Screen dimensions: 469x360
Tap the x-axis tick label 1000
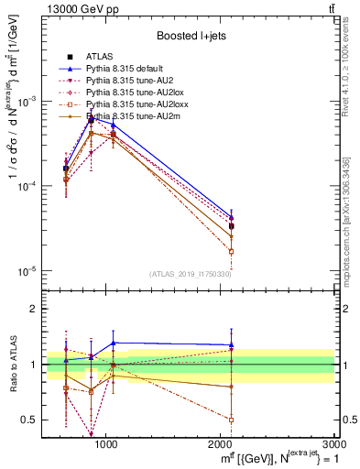(105, 444)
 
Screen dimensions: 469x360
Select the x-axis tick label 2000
(221, 444)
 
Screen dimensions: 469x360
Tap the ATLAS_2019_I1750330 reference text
(191, 274)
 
